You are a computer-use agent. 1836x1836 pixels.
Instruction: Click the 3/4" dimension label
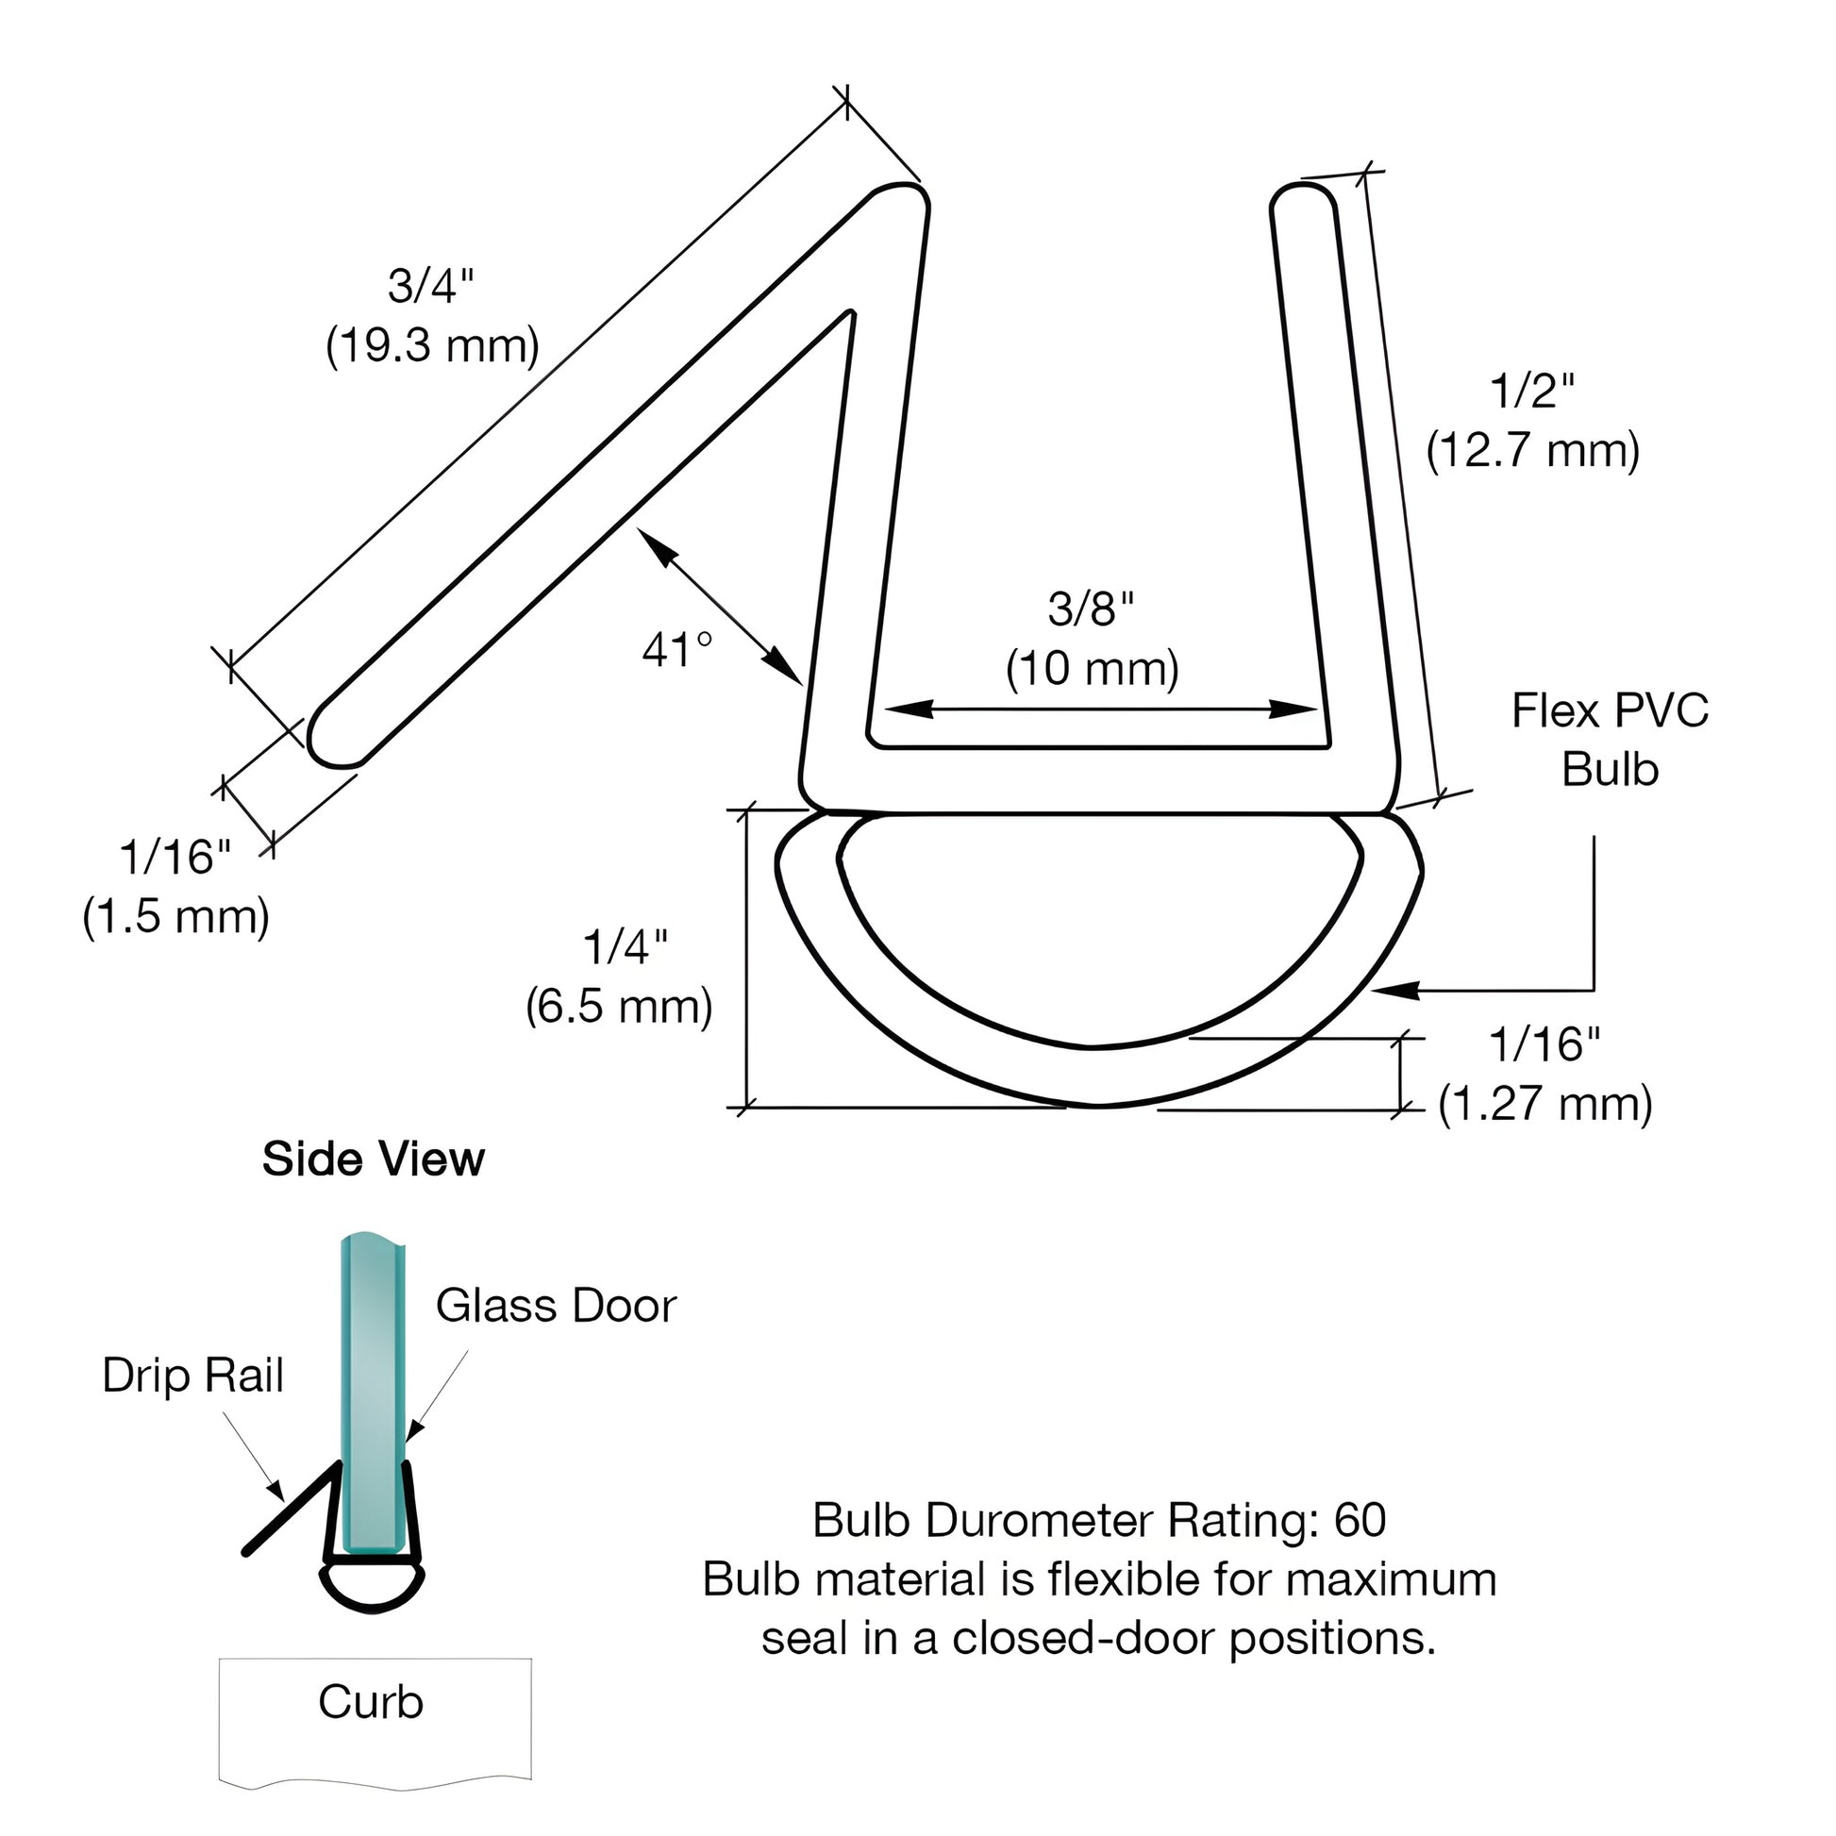(430, 285)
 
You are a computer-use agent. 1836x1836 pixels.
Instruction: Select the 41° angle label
(676, 650)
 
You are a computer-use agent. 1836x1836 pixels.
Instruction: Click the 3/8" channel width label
(1091, 609)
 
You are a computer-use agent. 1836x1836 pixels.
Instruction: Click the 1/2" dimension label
(1532, 391)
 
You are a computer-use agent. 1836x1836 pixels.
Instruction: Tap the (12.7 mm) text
(1532, 449)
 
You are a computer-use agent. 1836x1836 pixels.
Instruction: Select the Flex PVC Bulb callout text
(1610, 740)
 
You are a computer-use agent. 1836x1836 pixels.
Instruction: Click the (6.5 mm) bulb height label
(619, 1007)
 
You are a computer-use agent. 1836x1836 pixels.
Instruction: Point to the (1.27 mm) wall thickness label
(1544, 1104)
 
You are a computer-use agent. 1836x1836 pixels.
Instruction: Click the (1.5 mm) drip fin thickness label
(175, 917)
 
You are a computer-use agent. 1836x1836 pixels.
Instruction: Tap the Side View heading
(374, 1159)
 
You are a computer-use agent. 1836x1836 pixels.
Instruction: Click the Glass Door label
(556, 1306)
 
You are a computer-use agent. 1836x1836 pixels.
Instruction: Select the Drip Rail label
(192, 1375)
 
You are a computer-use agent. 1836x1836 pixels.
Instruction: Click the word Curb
(371, 1701)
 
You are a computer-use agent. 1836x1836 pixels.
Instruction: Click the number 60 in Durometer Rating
(1360, 1521)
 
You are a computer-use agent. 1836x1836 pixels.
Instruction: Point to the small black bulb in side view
(372, 1585)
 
